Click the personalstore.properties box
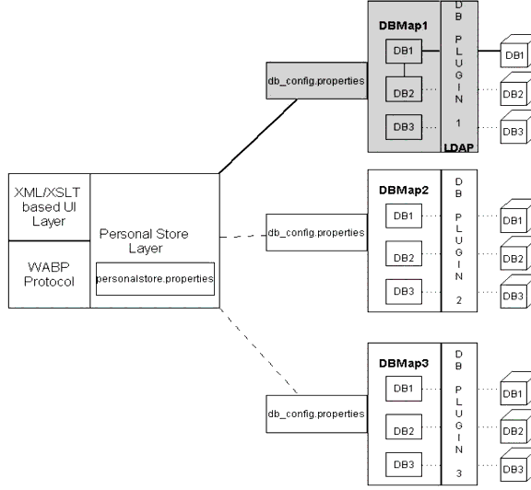coord(155,277)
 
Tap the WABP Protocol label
coord(49,274)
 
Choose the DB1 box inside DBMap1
coord(400,53)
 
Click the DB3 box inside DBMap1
coord(400,126)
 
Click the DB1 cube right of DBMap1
coord(513,55)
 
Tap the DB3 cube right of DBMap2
coord(513,295)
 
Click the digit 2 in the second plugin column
coord(458,299)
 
